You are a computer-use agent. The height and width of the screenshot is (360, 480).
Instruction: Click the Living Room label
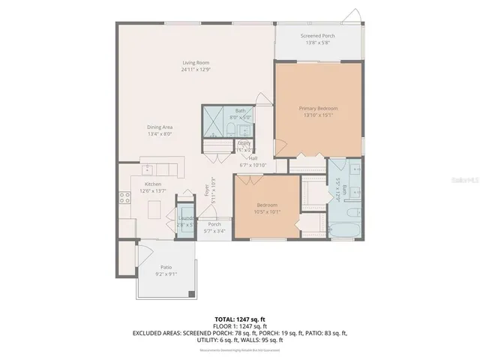tap(195, 62)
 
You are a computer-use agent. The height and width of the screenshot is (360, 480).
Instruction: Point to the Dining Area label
tap(160, 127)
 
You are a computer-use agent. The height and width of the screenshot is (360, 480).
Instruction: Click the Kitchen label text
tap(153, 184)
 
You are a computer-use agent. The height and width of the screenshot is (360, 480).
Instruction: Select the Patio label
tap(166, 267)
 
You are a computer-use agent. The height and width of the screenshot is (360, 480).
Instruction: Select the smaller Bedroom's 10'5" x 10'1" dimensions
tap(268, 211)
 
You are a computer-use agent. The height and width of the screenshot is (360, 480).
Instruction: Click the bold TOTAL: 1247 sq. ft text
tap(240, 319)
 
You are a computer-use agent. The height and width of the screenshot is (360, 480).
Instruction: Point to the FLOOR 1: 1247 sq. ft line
tap(240, 325)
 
